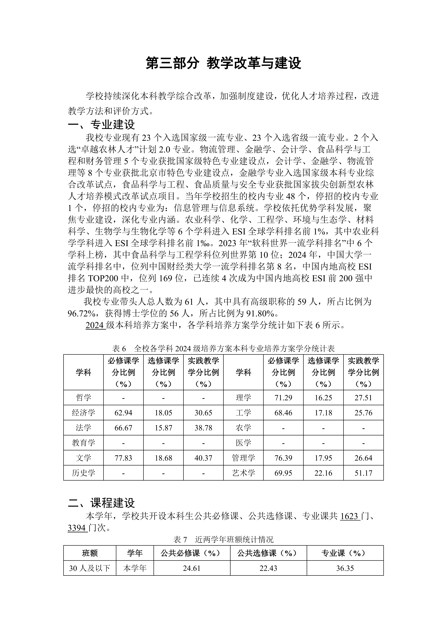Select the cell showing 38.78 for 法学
coord(203,428)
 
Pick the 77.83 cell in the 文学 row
coord(123,458)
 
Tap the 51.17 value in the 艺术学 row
coord(363,473)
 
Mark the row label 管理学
coord(243,458)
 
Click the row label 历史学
coord(83,473)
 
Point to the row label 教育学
coord(83,443)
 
